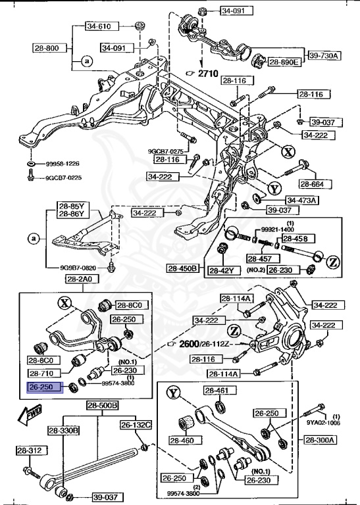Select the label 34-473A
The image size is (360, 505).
click(x=301, y=200)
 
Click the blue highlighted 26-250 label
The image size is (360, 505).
click(x=43, y=387)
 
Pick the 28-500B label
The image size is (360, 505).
click(x=102, y=405)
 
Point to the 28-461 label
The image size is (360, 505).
click(x=215, y=391)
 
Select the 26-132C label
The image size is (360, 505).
click(x=136, y=425)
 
